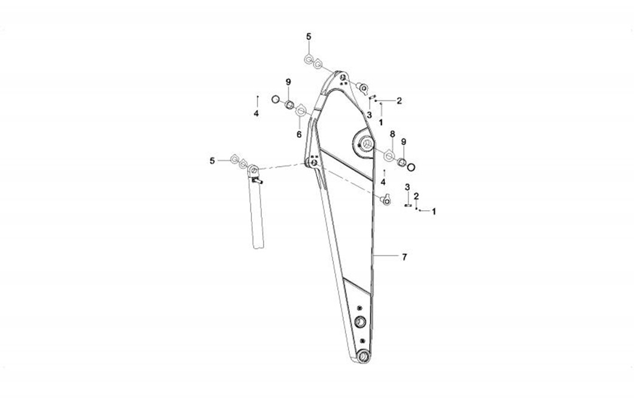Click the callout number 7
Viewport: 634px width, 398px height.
pyautogui.click(x=404, y=256)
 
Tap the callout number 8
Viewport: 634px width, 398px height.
pyautogui.click(x=392, y=134)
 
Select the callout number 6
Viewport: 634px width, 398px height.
pyautogui.click(x=299, y=134)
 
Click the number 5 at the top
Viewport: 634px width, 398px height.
pyautogui.click(x=309, y=36)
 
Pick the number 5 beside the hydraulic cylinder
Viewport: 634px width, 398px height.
pyautogui.click(x=213, y=161)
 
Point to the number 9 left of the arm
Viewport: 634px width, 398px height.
pyautogui.click(x=288, y=82)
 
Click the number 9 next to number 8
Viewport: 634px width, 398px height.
pyautogui.click(x=403, y=142)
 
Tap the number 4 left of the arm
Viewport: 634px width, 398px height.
pyautogui.click(x=256, y=114)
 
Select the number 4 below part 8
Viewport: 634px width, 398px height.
pyautogui.click(x=383, y=182)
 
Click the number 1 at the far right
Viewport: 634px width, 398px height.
pyautogui.click(x=434, y=211)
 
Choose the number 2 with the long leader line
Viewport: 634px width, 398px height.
pyautogui.click(x=399, y=101)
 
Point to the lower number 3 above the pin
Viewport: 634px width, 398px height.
pyautogui.click(x=407, y=187)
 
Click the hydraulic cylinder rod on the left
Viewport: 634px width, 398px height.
pyautogui.click(x=257, y=212)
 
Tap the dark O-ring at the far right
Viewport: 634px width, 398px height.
pyautogui.click(x=411, y=166)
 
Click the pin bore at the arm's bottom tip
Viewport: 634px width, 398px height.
pyautogui.click(x=363, y=356)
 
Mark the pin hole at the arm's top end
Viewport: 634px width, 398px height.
pyautogui.click(x=343, y=77)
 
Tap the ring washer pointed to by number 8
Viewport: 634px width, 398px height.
pyautogui.click(x=389, y=156)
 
